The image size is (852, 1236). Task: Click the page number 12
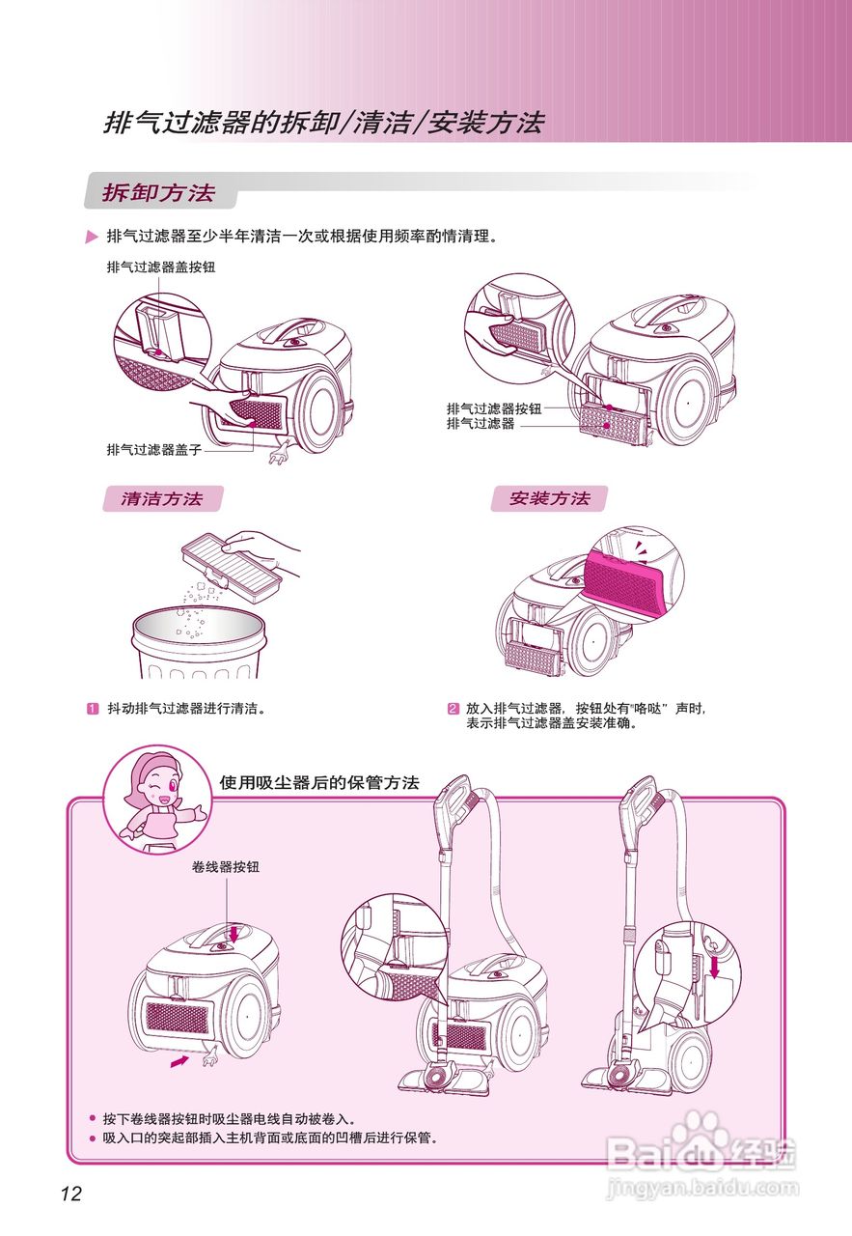[x=70, y=1194]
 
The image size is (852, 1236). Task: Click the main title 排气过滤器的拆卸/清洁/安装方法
[x=324, y=123]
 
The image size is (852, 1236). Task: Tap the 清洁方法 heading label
[x=162, y=498]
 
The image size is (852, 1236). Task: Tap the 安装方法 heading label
[x=549, y=498]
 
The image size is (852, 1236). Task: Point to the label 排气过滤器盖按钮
[x=160, y=267]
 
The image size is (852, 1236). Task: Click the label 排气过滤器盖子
[x=153, y=450]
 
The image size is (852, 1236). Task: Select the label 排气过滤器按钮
[x=494, y=408]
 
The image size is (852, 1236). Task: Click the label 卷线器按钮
[x=226, y=867]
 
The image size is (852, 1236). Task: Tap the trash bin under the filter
[x=198, y=644]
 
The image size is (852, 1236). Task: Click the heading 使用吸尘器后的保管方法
[x=319, y=782]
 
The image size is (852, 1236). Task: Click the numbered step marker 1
[x=94, y=708]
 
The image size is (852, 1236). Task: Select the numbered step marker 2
[x=453, y=708]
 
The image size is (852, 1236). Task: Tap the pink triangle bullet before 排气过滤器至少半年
[x=92, y=237]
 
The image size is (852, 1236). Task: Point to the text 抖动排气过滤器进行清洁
[x=185, y=708]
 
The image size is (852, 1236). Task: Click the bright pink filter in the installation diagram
[x=625, y=580]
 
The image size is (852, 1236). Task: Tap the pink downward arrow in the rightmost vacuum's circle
[x=713, y=965]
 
